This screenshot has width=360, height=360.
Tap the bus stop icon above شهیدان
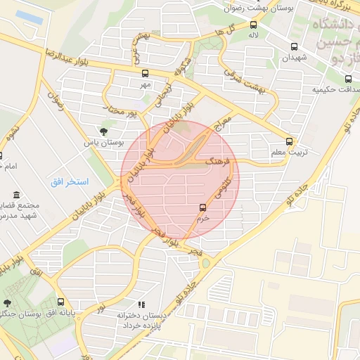point(294,48)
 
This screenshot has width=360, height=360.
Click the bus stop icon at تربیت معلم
point(290,141)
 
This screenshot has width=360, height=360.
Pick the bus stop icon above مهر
point(145,73)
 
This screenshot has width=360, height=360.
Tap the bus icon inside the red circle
point(203,207)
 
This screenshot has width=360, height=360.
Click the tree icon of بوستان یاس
point(104,131)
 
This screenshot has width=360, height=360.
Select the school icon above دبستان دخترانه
point(141,305)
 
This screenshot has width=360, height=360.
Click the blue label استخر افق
point(69,182)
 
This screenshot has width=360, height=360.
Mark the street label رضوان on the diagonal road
point(55,105)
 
